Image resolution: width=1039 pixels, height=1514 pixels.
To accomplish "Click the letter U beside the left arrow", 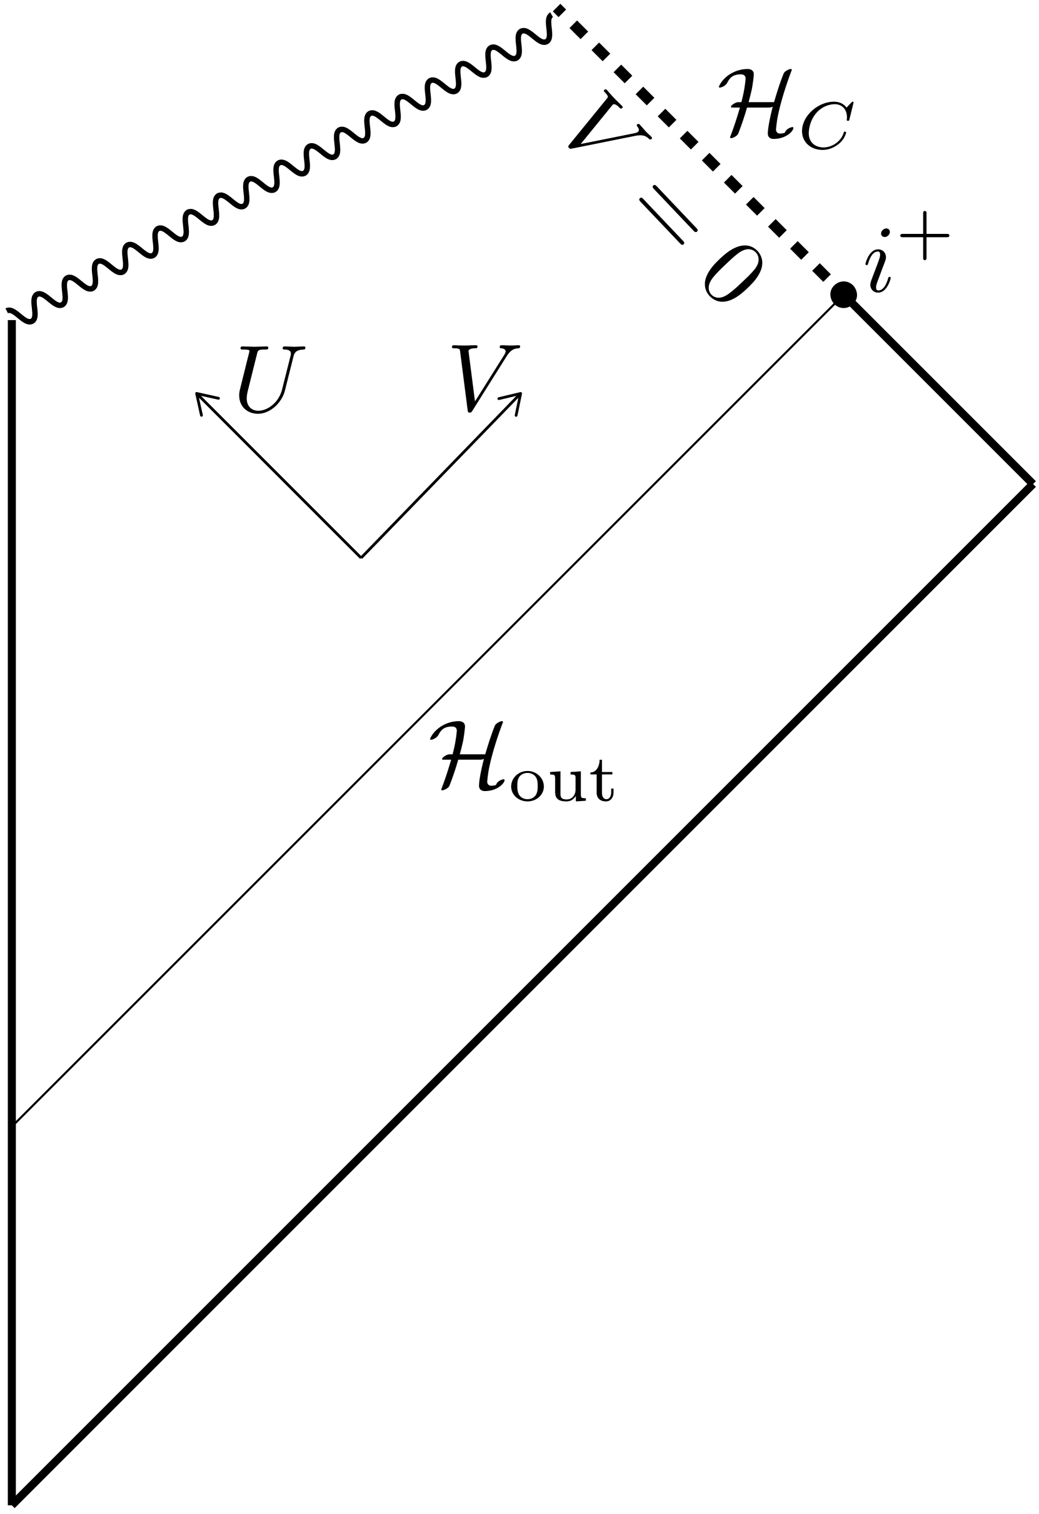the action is (270, 379).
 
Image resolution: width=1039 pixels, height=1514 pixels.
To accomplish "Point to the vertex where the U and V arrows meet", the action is (361, 557).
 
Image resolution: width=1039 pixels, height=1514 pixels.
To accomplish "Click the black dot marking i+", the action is (843, 295).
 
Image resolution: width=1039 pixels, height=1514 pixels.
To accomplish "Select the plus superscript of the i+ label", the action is (925, 236).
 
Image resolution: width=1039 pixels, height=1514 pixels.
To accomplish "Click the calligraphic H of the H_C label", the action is (756, 104).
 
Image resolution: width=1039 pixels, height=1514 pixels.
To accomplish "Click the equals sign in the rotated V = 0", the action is (668, 215).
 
